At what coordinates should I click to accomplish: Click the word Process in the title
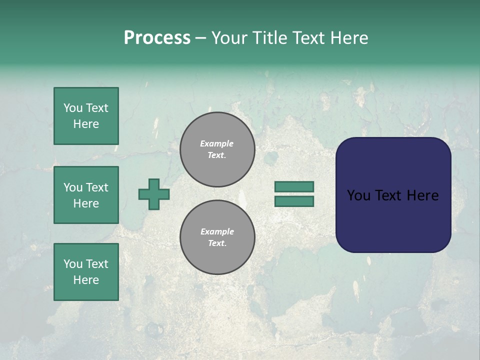pyautogui.click(x=157, y=38)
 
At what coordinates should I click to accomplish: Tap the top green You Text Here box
pyautogui.click(x=86, y=116)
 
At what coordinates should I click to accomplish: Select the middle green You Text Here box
pyautogui.click(x=86, y=195)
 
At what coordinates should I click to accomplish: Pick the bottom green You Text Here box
pyautogui.click(x=86, y=272)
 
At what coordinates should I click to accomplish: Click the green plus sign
pyautogui.click(x=154, y=194)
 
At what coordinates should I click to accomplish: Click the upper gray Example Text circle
pyautogui.click(x=217, y=149)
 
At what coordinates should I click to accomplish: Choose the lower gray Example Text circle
pyautogui.click(x=217, y=237)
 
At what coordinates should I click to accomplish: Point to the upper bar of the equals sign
pyautogui.click(x=294, y=186)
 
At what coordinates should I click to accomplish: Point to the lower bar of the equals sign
pyautogui.click(x=294, y=201)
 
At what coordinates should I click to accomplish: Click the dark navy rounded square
pyautogui.click(x=393, y=220)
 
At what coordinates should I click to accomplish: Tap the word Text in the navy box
pyautogui.click(x=392, y=195)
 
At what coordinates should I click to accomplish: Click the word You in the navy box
pyautogui.click(x=358, y=195)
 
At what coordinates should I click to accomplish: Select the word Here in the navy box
pyautogui.click(x=422, y=195)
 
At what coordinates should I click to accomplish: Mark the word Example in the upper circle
pyautogui.click(x=217, y=143)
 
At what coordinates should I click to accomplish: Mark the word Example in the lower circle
pyautogui.click(x=217, y=231)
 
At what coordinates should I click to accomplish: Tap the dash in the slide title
pyautogui.click(x=200, y=38)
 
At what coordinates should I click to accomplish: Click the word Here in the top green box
pyautogui.click(x=86, y=124)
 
